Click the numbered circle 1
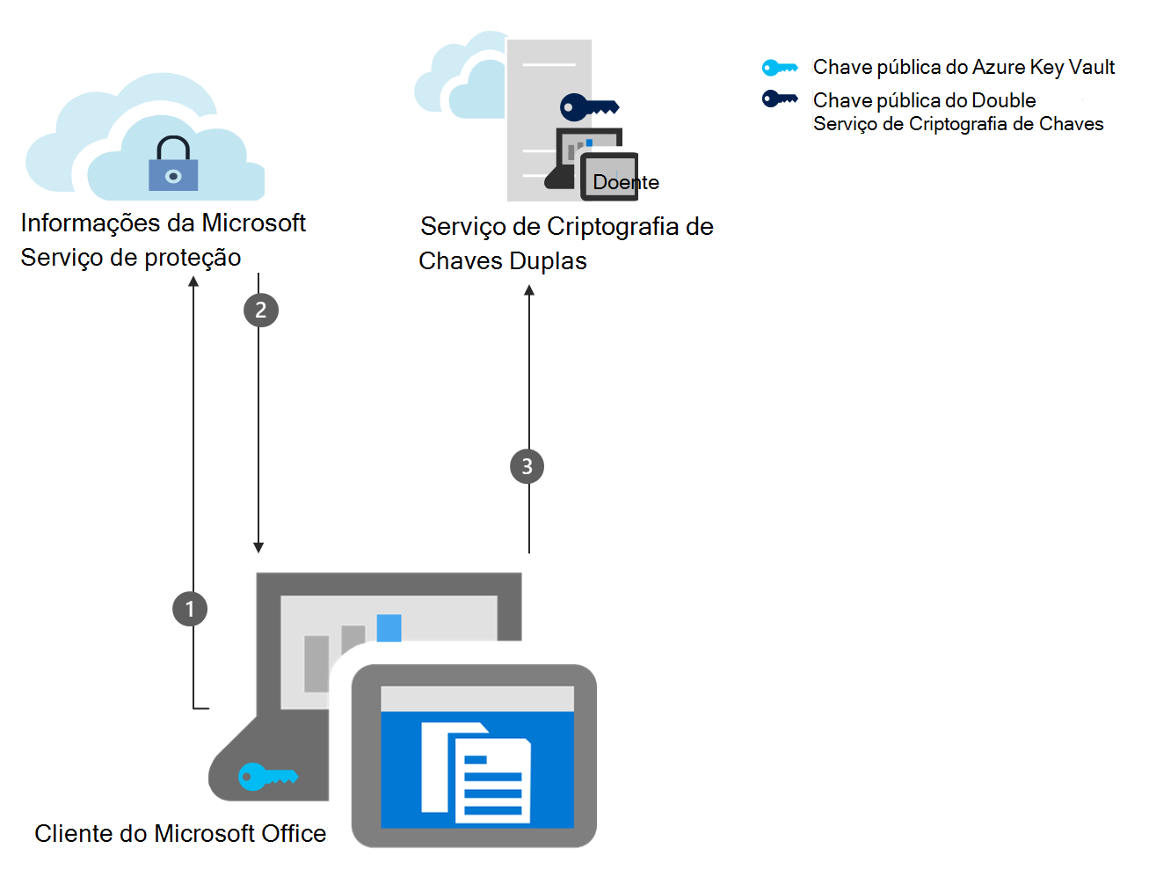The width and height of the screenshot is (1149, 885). point(190,609)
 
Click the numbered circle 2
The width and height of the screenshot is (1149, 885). point(260,310)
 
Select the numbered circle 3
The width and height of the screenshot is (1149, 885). point(527,466)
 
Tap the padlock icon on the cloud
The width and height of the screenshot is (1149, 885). point(173,165)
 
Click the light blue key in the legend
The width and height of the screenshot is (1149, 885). point(780,68)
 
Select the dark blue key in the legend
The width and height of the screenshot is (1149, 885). point(780,99)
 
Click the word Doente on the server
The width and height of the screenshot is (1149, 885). point(625,182)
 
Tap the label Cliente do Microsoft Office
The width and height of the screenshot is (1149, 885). point(180,833)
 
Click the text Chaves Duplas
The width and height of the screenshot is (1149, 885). point(502,261)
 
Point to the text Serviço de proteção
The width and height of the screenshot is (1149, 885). point(131,258)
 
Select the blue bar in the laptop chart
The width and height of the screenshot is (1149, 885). point(389,628)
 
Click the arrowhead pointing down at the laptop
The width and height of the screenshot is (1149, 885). point(258,547)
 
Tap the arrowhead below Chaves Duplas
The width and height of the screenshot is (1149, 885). point(529,291)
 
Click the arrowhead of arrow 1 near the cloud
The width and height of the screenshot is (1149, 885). point(193,282)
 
